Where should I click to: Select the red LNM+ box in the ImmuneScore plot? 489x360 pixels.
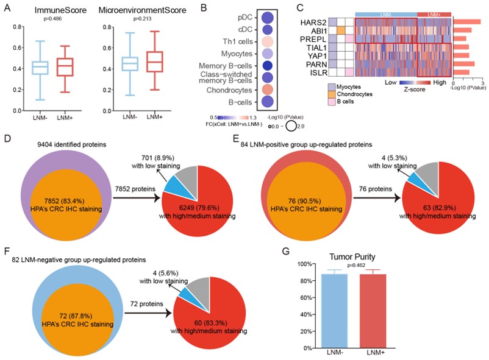[65, 66]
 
